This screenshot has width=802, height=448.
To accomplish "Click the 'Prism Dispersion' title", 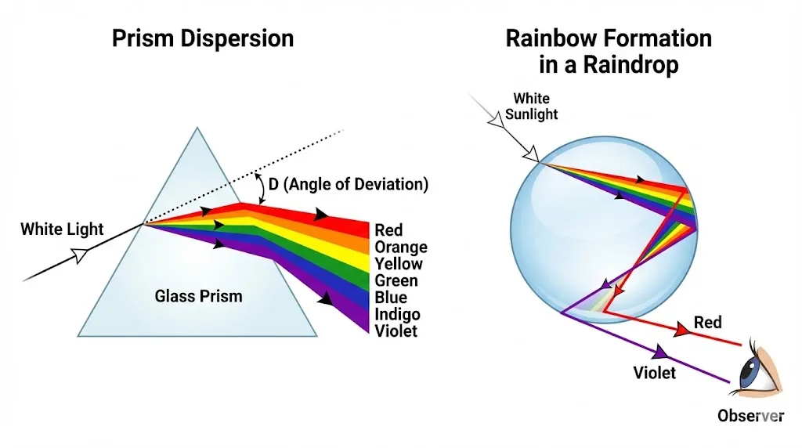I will tap(203, 38).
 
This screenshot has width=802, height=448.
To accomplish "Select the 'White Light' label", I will tap(62, 229).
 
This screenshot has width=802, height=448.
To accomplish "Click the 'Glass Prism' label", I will tap(198, 296).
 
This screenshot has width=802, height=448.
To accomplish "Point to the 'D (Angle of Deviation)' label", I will tap(349, 186).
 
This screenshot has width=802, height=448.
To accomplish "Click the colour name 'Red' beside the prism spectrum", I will tap(388, 230).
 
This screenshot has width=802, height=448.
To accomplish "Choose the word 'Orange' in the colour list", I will tap(401, 247).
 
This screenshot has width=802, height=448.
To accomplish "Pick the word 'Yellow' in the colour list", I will tap(399, 264).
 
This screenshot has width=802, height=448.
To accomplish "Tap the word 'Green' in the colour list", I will tap(396, 280).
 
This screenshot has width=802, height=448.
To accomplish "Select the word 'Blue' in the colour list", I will tap(391, 298).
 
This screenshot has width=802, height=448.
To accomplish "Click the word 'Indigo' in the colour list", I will tap(397, 314).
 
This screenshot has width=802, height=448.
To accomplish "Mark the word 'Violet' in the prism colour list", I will tap(396, 331).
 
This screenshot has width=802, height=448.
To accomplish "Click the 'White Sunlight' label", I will tap(531, 107).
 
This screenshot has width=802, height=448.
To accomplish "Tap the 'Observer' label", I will tap(750, 416).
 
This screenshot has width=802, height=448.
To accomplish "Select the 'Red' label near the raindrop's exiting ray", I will tap(708, 323).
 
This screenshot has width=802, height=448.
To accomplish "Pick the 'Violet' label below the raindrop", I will tap(654, 373).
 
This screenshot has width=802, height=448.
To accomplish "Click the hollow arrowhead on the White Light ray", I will tap(79, 254).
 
